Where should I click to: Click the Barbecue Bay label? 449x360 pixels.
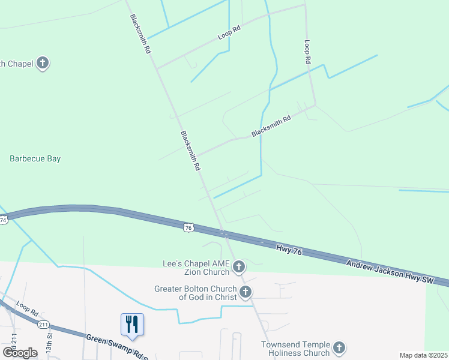pyautogui.click(x=35, y=159)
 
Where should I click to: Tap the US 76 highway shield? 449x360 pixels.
pyautogui.click(x=188, y=227)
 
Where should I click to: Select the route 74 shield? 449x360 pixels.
pyautogui.click(x=3, y=221)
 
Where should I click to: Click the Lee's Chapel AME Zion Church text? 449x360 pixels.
pyautogui.click(x=196, y=268)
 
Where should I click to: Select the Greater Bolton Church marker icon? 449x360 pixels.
pyautogui.click(x=246, y=292)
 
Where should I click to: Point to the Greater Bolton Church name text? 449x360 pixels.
pyautogui.click(x=196, y=292)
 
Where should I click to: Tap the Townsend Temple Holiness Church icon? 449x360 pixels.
pyautogui.click(x=339, y=348)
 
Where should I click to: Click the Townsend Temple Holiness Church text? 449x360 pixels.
pyautogui.click(x=295, y=349)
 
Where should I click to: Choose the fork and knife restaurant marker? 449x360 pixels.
pyautogui.click(x=131, y=325)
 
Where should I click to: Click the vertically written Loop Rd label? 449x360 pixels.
pyautogui.click(x=307, y=52)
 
